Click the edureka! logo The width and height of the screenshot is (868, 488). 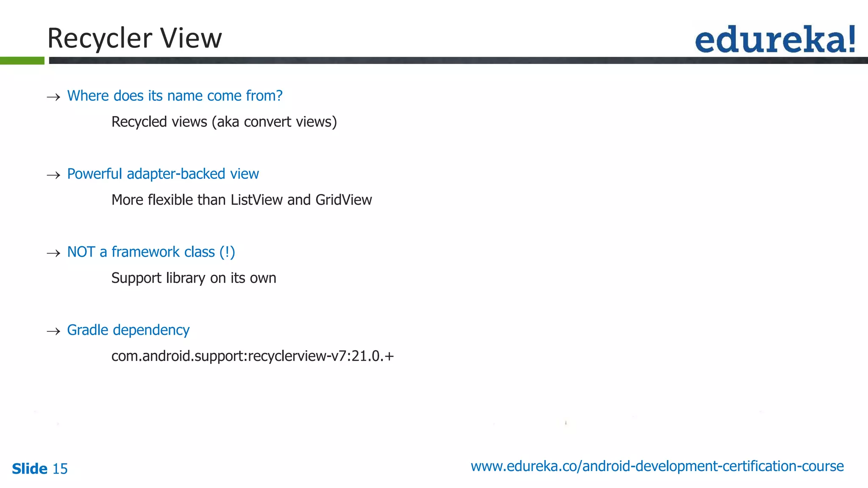click(775, 39)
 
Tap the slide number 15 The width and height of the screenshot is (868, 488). click(60, 469)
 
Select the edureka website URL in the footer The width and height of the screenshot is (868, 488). click(657, 466)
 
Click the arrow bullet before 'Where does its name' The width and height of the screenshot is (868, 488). click(53, 97)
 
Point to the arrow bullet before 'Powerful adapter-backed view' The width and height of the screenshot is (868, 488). click(53, 175)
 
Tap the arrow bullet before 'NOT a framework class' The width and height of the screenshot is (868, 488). click(53, 253)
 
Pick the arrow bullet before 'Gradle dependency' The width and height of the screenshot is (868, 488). click(53, 331)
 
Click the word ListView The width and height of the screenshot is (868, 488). click(256, 200)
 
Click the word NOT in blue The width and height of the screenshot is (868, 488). click(81, 252)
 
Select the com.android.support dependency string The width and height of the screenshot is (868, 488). click(253, 356)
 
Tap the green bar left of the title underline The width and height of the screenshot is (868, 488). click(22, 61)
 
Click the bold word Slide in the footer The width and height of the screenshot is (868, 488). click(30, 469)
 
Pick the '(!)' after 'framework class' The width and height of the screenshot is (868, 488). click(227, 252)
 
